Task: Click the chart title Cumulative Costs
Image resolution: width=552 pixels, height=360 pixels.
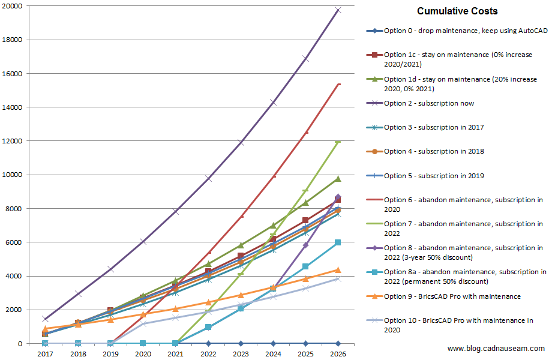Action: (x=457, y=11)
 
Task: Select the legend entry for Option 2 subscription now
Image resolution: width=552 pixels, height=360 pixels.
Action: (x=429, y=103)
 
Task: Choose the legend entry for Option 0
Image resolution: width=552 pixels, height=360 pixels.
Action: (x=457, y=31)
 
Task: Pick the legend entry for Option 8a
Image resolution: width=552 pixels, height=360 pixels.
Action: (x=465, y=276)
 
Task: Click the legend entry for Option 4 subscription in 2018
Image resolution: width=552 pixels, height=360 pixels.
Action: (x=434, y=151)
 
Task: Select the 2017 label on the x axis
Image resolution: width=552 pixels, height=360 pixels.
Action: (x=45, y=355)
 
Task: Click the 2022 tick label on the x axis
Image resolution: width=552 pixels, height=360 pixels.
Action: (x=208, y=355)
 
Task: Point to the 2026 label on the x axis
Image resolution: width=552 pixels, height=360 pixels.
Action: (x=338, y=355)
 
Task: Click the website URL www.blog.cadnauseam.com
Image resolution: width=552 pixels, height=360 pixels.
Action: (x=496, y=349)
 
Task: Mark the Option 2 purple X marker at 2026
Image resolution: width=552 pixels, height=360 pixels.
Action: (x=338, y=10)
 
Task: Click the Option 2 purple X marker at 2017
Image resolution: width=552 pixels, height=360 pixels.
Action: (x=45, y=319)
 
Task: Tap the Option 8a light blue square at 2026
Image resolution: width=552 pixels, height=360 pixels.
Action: (x=338, y=242)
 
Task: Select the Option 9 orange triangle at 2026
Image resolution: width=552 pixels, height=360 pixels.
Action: (x=338, y=270)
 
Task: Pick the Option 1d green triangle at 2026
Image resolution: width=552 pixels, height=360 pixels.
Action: (x=338, y=179)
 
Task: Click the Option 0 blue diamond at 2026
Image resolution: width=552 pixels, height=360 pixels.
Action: (x=338, y=343)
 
